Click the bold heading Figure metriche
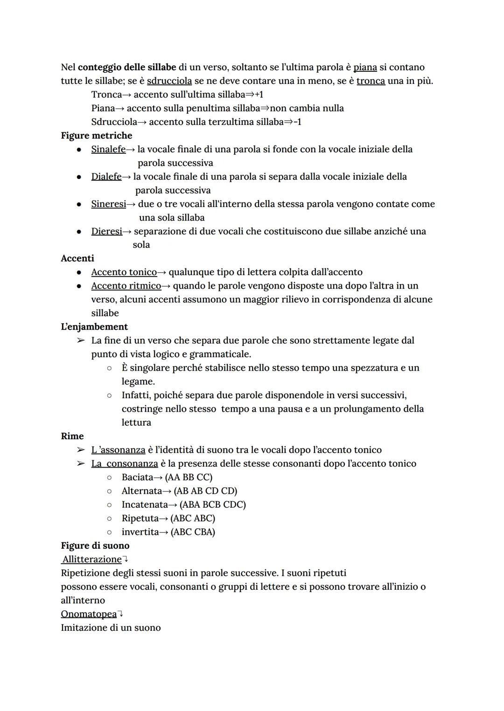point(96,136)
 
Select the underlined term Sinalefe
point(108,149)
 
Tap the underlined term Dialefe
point(106,177)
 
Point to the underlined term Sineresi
point(108,204)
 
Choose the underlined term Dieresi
point(106,231)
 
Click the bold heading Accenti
point(77,258)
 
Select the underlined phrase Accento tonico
point(124,272)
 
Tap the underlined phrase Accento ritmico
point(126,286)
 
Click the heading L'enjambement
point(94,327)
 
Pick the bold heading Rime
point(72,436)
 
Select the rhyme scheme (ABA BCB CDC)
point(212,504)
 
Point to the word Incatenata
point(144,504)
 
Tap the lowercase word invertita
point(140,532)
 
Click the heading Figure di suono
point(95,545)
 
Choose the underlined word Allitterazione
point(92,559)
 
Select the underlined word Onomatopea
point(89,614)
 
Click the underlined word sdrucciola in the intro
point(169,81)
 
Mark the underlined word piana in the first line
point(365,67)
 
